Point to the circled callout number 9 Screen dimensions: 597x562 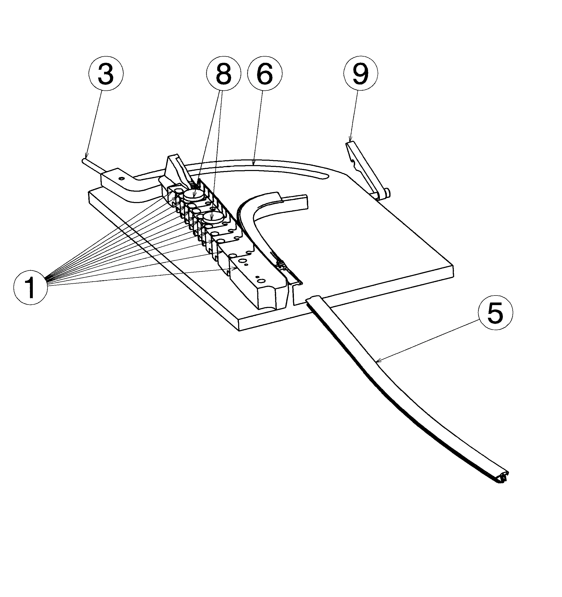[361, 73]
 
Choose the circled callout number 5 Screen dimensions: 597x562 [495, 313]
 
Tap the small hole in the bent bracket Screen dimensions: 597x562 [122, 179]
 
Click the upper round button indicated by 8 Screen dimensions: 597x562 [193, 195]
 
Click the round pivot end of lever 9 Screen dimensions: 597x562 [386, 192]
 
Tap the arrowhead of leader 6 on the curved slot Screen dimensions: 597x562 [254, 164]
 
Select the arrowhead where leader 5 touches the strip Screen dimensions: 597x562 [378, 361]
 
